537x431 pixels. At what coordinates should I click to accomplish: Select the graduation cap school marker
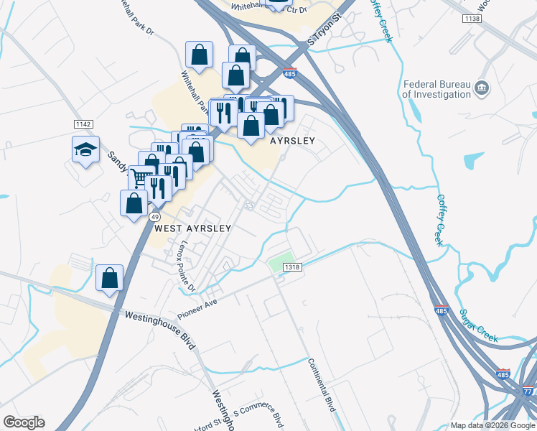coord(85,150)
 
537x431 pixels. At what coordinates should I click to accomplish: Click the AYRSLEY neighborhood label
coord(292,142)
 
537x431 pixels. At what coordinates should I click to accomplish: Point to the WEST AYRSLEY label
coord(193,228)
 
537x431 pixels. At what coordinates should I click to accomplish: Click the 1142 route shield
coord(83,124)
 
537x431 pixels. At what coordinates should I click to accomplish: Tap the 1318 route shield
coord(292,267)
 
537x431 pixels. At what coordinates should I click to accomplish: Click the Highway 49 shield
coord(155,215)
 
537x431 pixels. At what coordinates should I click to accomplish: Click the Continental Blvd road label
coord(322,384)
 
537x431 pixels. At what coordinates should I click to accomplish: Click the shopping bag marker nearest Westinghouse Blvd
coord(109,277)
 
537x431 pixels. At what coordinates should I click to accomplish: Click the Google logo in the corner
coord(24,422)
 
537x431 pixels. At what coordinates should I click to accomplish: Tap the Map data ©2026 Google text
coord(492,425)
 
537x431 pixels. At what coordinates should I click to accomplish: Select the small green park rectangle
coord(281,262)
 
